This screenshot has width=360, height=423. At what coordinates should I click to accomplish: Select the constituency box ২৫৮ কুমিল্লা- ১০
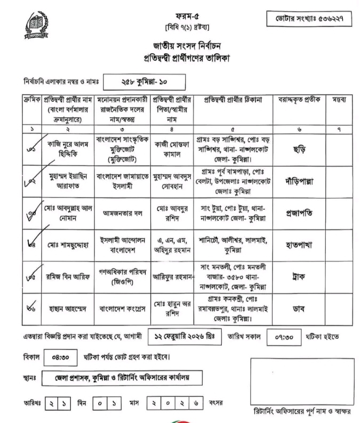pyautogui.click(x=144, y=83)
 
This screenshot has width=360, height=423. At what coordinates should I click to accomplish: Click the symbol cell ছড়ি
pyautogui.click(x=299, y=150)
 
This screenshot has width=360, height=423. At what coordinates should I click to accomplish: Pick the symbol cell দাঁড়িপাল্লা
pyautogui.click(x=299, y=181)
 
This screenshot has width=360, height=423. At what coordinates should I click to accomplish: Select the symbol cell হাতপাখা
pyautogui.click(x=299, y=245)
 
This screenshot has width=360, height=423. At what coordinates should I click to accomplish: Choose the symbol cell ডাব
pyautogui.click(x=299, y=308)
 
